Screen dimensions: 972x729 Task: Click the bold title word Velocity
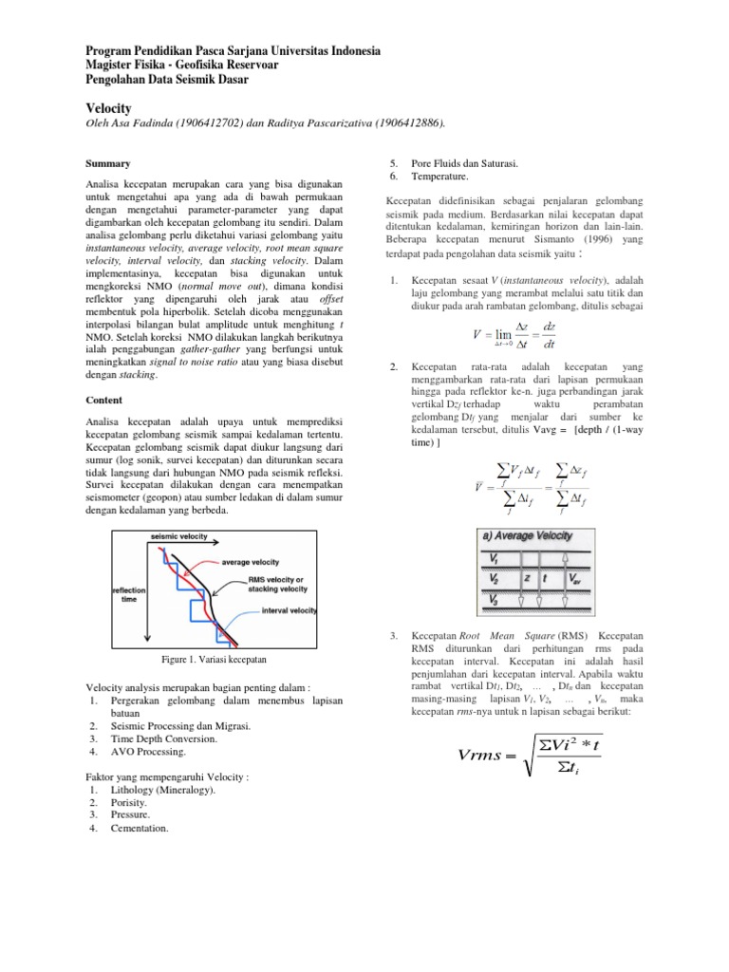[108, 108]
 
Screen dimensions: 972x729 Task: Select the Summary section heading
[107, 163]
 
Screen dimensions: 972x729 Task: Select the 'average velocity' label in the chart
[251, 561]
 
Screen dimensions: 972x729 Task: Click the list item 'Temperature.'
[439, 177]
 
